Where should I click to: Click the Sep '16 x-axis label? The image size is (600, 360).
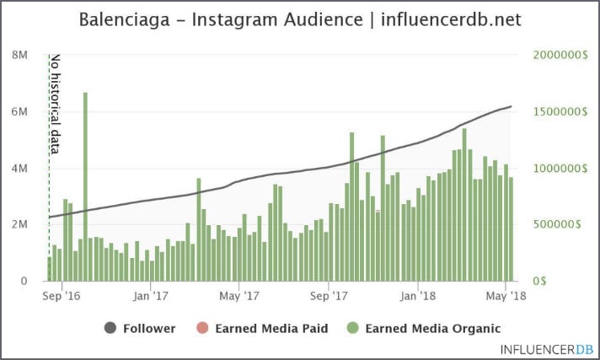(61, 296)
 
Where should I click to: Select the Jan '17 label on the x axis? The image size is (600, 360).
(151, 296)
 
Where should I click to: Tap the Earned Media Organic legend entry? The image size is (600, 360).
(425, 328)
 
